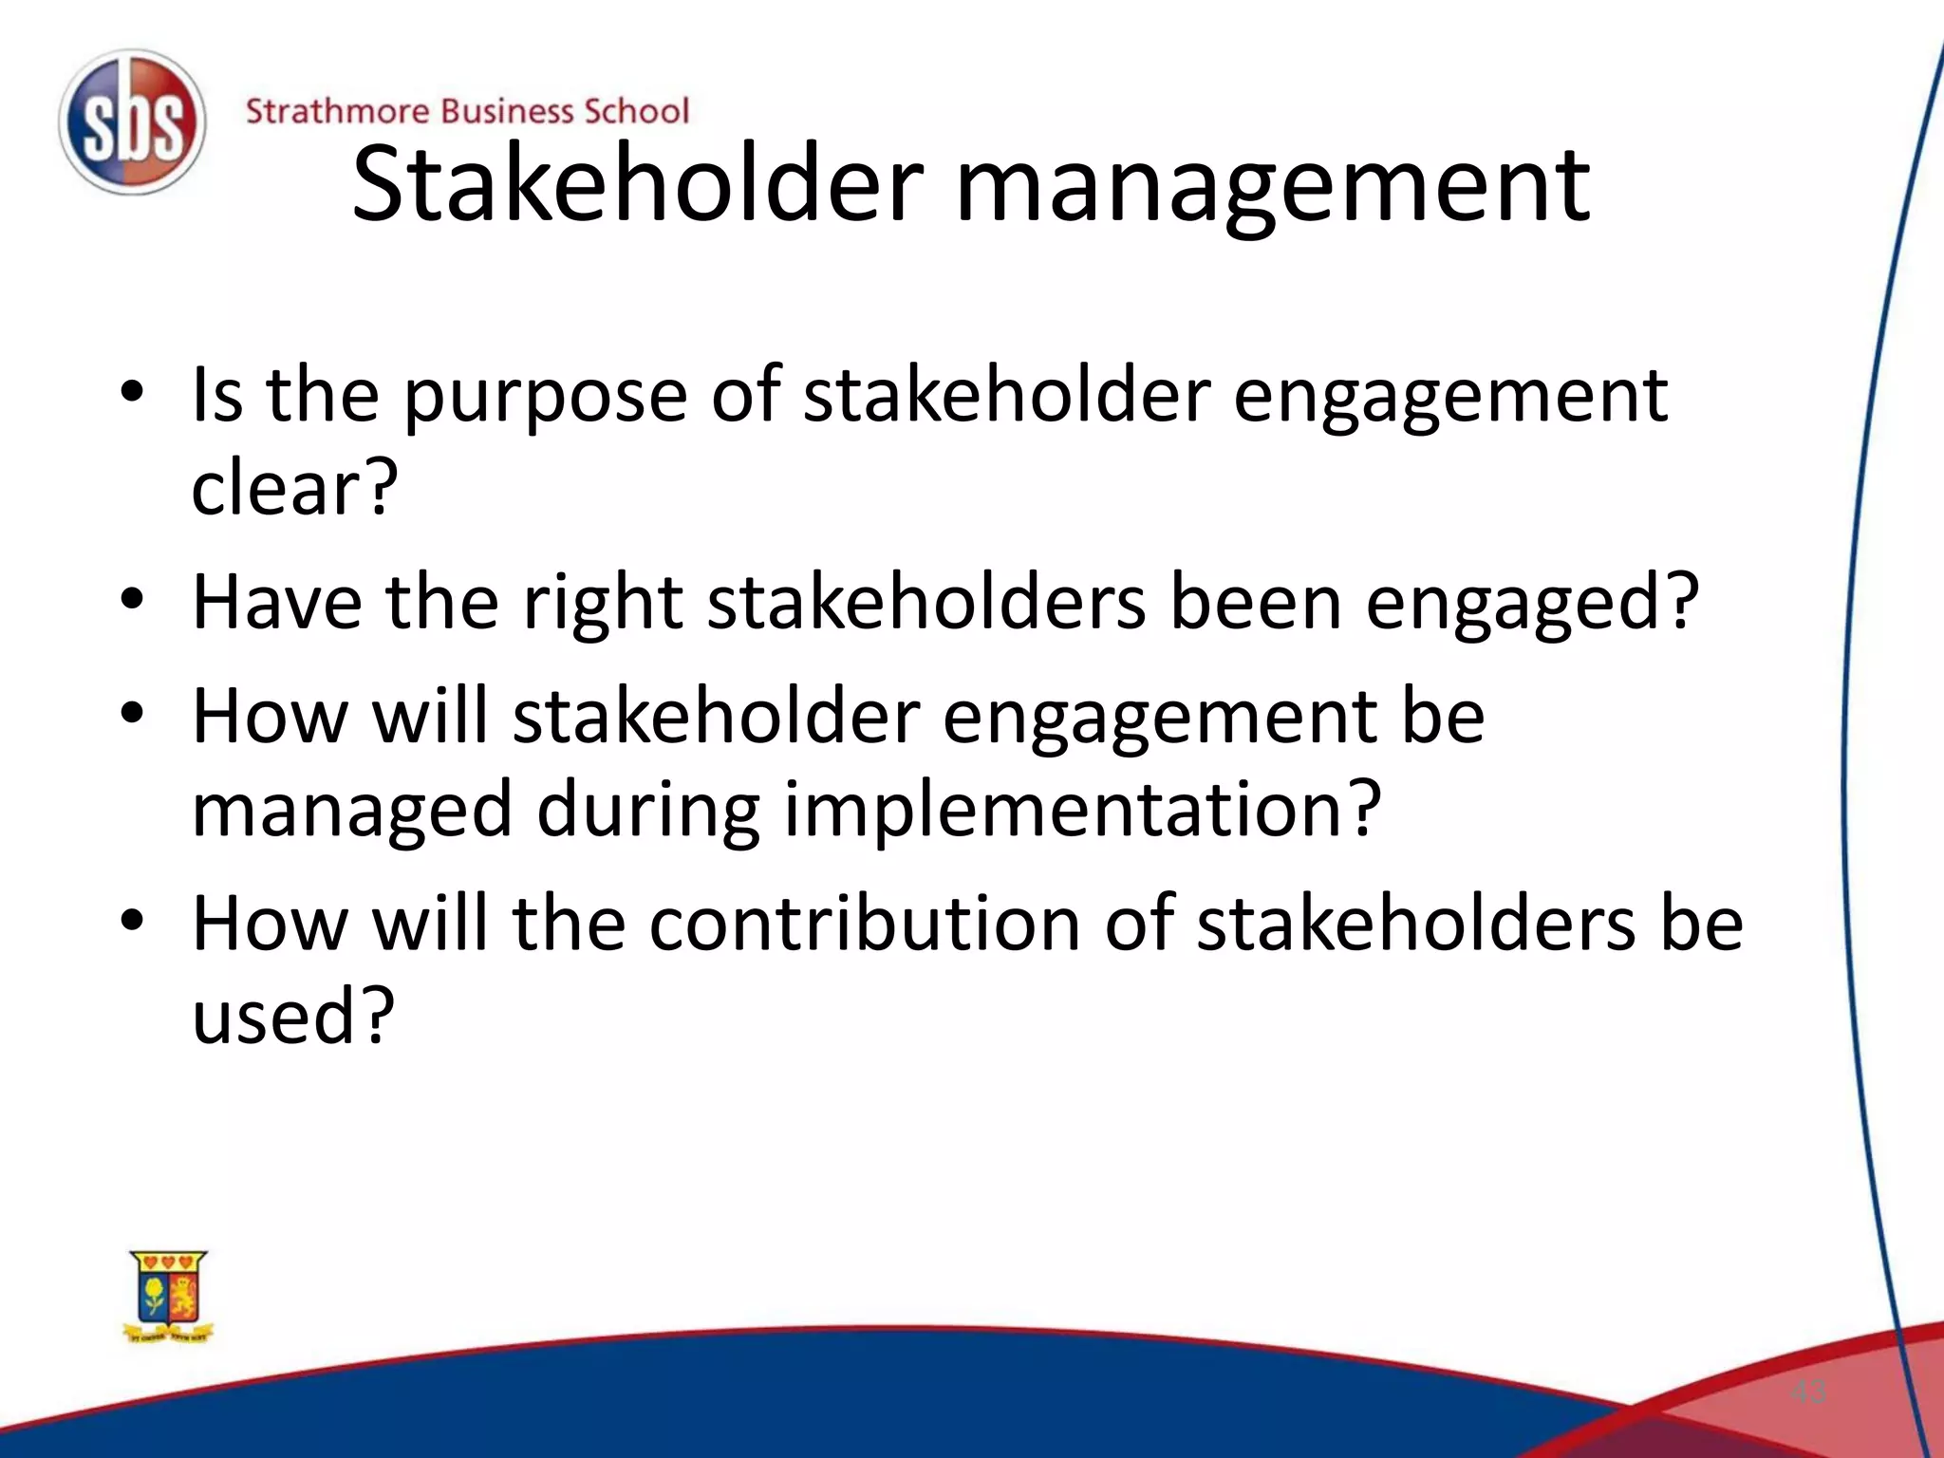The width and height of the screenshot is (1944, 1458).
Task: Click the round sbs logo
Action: [131, 122]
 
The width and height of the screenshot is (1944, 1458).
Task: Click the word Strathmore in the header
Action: [336, 111]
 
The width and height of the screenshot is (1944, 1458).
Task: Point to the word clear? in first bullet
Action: [293, 488]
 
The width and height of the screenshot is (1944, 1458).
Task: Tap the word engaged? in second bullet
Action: [1531, 604]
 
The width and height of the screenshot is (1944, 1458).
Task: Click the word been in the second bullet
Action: [1255, 602]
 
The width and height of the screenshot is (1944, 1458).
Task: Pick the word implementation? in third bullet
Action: [1082, 810]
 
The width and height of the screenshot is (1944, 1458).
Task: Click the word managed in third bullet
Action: [352, 810]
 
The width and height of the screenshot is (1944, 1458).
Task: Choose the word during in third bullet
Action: [648, 810]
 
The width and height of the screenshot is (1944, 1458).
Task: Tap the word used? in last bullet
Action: [292, 1016]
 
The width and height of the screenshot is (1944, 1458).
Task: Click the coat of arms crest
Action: [169, 1297]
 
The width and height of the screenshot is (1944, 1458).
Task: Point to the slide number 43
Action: [1807, 1393]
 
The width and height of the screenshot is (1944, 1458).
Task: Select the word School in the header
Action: [636, 111]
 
